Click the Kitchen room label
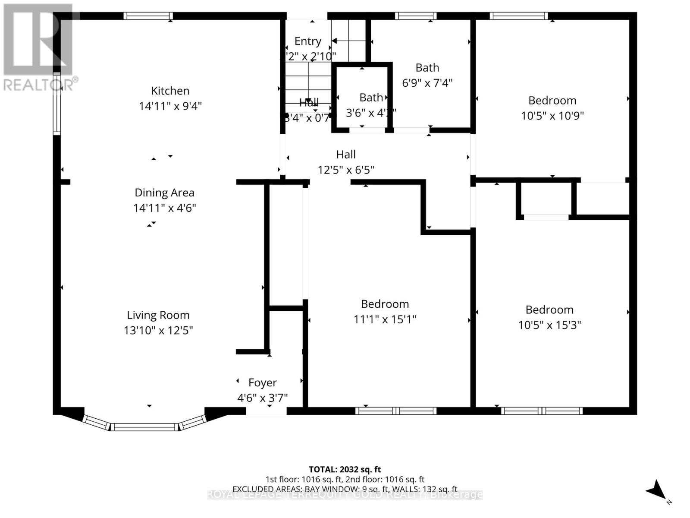click(x=170, y=91)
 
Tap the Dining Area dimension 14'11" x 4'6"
click(x=164, y=208)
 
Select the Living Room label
click(x=158, y=315)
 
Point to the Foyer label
click(x=262, y=382)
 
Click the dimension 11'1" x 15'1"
click(x=385, y=319)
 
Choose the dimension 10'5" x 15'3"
click(x=549, y=325)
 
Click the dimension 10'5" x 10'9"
click(x=552, y=116)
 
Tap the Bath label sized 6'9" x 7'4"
click(x=427, y=68)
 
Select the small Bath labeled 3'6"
click(x=371, y=98)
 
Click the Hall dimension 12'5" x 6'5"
click(x=346, y=170)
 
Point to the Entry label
click(x=307, y=41)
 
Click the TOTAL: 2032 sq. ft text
click(x=345, y=469)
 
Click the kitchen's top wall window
click(x=148, y=16)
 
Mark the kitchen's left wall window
click(x=56, y=104)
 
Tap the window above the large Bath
click(x=416, y=16)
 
